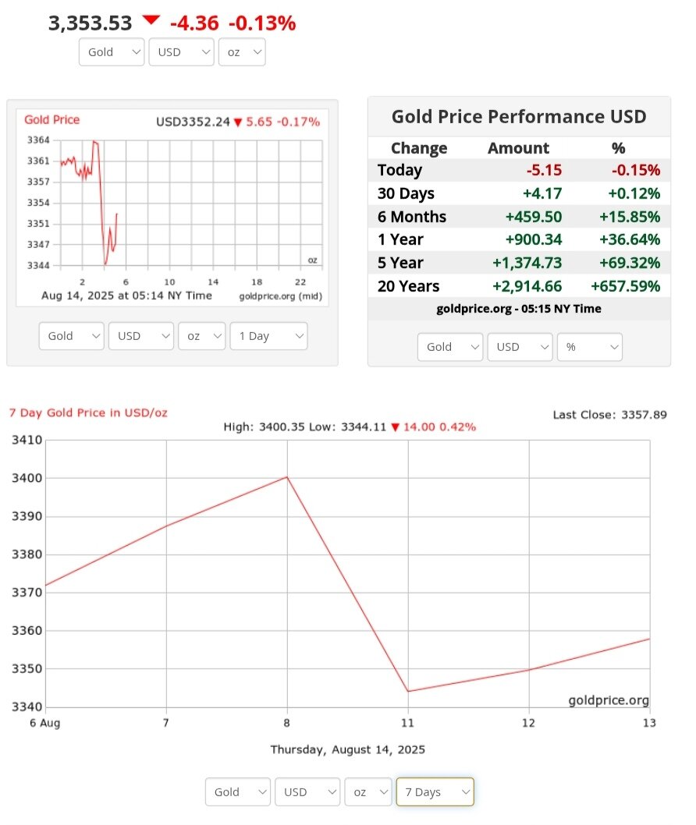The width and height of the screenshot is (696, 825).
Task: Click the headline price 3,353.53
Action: click(91, 23)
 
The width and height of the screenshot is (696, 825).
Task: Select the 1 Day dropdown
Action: click(268, 336)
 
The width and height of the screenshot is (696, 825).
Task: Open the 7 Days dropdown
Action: click(435, 791)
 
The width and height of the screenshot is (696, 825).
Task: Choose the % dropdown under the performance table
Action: click(589, 347)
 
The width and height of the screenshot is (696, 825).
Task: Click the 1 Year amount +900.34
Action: click(534, 239)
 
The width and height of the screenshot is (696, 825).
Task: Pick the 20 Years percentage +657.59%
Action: click(626, 286)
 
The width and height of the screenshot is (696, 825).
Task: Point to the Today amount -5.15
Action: click(545, 170)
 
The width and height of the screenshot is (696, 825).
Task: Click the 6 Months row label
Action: click(411, 217)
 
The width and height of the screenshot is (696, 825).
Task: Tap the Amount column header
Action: click(518, 148)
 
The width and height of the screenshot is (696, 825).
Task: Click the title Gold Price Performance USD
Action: click(519, 117)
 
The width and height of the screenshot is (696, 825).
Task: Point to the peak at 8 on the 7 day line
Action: click(287, 476)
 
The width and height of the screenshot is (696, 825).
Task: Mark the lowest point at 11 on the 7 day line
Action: click(408, 691)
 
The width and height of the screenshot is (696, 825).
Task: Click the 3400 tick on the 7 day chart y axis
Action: click(27, 478)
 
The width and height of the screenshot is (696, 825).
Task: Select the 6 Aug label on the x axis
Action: click(45, 723)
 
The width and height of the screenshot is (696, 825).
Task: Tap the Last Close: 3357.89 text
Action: click(609, 414)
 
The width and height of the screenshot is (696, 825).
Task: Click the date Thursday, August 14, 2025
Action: click(347, 749)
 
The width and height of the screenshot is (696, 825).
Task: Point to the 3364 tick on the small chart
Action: click(38, 140)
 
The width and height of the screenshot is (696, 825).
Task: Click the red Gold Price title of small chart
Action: click(51, 120)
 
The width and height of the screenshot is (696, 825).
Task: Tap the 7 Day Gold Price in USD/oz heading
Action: click(88, 412)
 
